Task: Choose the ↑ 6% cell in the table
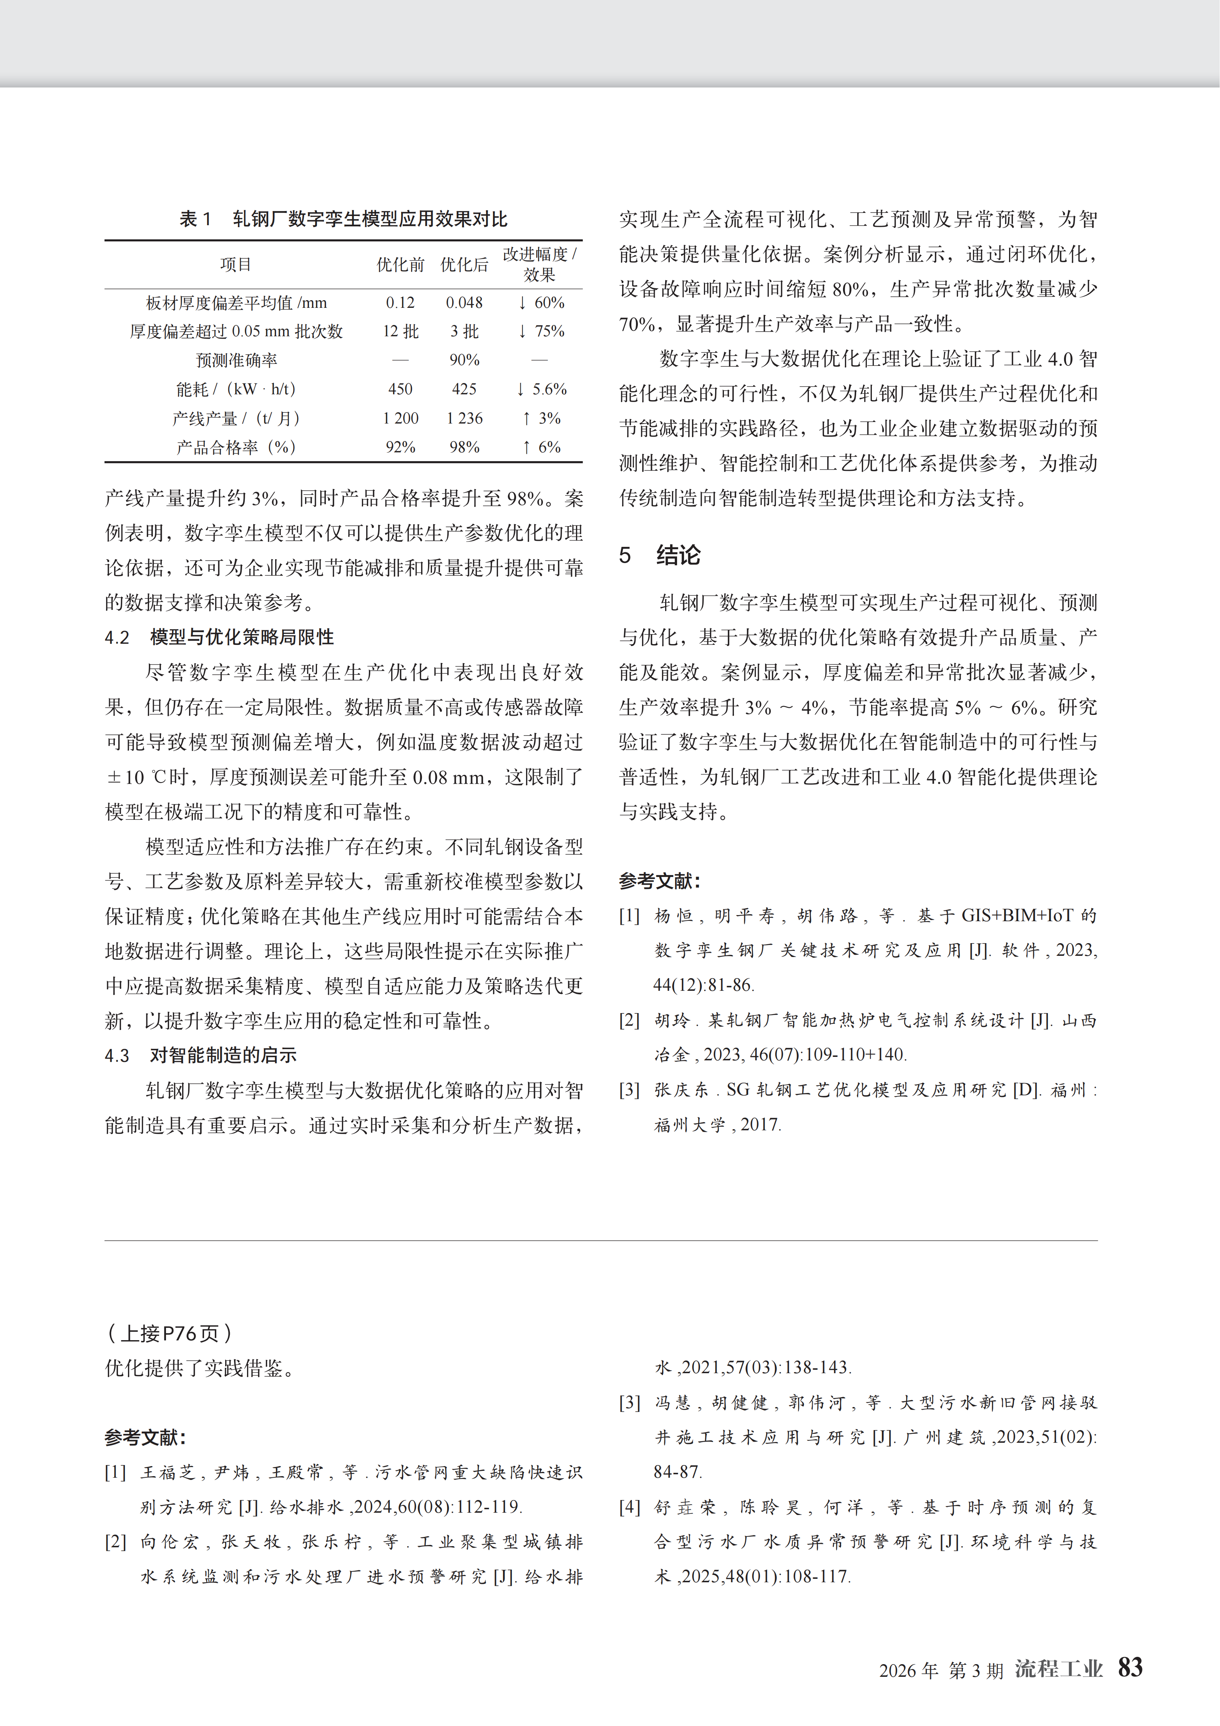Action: click(x=541, y=447)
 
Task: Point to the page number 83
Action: click(x=1130, y=1667)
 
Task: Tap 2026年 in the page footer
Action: click(x=908, y=1670)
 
